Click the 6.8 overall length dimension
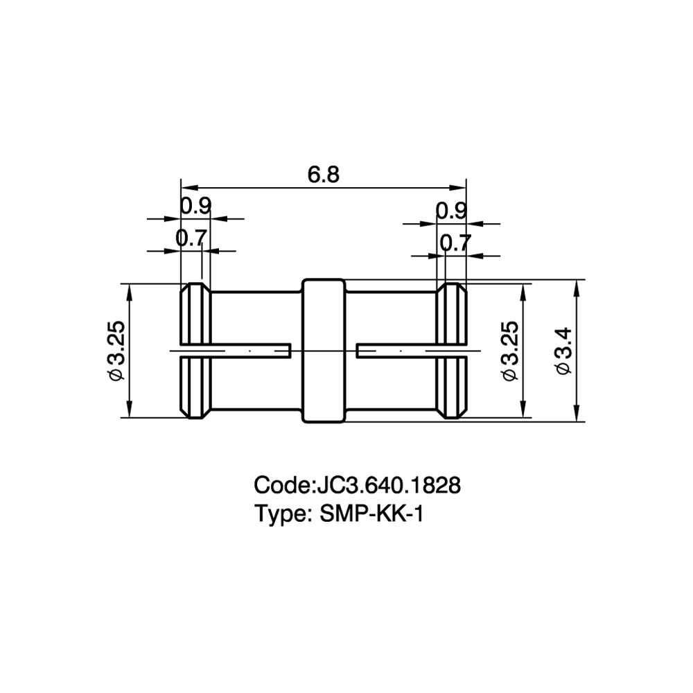click(324, 175)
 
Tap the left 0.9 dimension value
click(196, 206)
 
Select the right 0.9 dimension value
click(451, 211)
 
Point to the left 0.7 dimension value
click(191, 238)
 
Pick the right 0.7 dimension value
click(456, 243)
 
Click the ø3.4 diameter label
click(563, 351)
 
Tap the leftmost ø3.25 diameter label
click(116, 351)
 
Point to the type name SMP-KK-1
click(371, 514)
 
